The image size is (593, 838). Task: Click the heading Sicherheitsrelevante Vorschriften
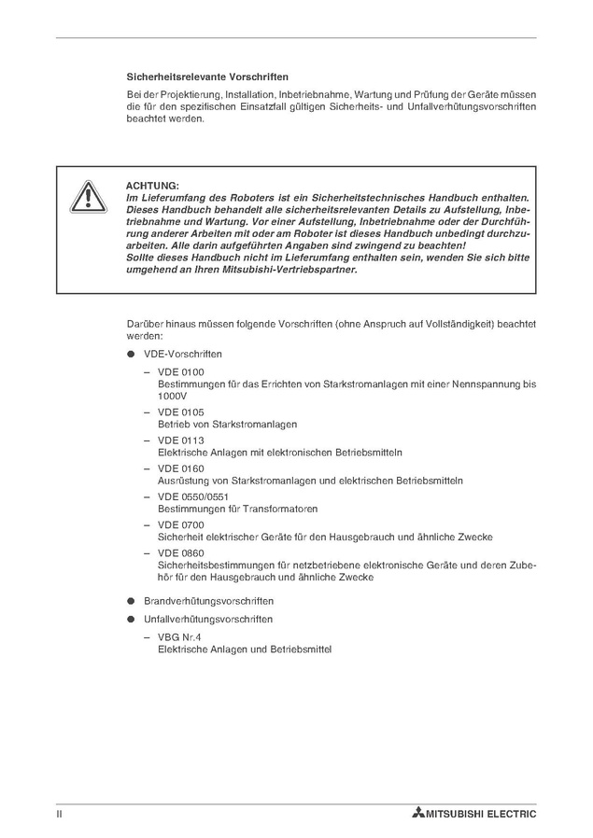pyautogui.click(x=207, y=77)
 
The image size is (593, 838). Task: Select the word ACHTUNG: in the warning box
pyautogui.click(x=152, y=186)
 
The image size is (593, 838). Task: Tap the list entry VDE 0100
pyautogui.click(x=180, y=372)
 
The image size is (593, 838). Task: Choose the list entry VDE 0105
pyautogui.click(x=180, y=412)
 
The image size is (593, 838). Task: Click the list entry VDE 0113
pyautogui.click(x=180, y=440)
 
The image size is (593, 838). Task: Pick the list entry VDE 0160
pyautogui.click(x=180, y=468)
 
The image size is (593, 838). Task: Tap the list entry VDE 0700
pyautogui.click(x=180, y=524)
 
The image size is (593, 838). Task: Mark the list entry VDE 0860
pyautogui.click(x=180, y=552)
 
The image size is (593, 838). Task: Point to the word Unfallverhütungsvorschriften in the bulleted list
pyautogui.click(x=208, y=619)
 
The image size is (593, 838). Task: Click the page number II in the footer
pyautogui.click(x=59, y=814)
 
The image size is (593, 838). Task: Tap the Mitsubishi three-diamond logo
pyautogui.click(x=417, y=814)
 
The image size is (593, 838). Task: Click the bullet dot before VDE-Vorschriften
pyautogui.click(x=132, y=356)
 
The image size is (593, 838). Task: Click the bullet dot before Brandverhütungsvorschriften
pyautogui.click(x=132, y=600)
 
